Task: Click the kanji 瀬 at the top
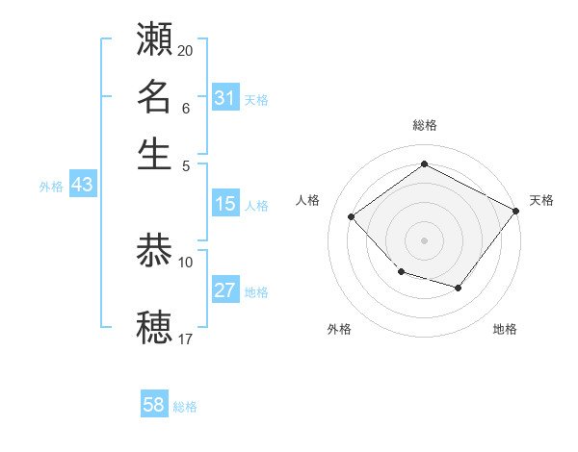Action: (x=155, y=39)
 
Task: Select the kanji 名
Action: (x=155, y=96)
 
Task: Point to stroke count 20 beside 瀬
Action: (x=186, y=50)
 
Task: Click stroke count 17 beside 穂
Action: (x=186, y=338)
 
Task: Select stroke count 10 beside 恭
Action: (x=186, y=261)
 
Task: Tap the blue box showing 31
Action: (x=224, y=98)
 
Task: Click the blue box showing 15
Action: (x=224, y=204)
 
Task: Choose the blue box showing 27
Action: (x=224, y=291)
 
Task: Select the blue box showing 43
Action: (x=82, y=186)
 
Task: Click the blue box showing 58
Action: (x=153, y=405)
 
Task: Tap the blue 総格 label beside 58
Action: (x=185, y=407)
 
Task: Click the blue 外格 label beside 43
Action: (x=50, y=188)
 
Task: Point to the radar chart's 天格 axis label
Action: (x=541, y=200)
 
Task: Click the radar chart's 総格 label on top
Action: (x=424, y=125)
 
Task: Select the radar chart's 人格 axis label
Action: (x=308, y=200)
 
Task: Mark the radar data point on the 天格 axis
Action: (x=516, y=210)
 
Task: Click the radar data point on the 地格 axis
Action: (x=459, y=288)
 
